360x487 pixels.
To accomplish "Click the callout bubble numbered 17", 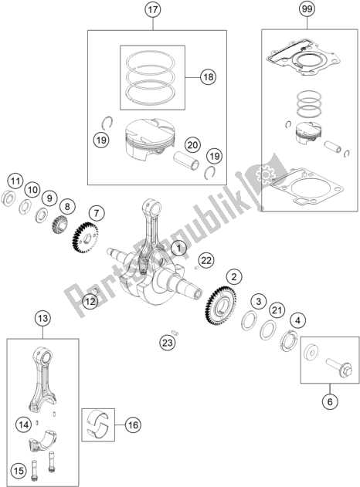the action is (x=153, y=10).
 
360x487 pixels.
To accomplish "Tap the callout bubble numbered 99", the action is (x=307, y=9).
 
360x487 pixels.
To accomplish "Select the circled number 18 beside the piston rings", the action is (x=209, y=76).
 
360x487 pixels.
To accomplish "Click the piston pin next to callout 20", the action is (x=185, y=161).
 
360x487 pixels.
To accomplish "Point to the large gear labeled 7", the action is (x=85, y=238).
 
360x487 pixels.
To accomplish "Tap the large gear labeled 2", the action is (x=221, y=305).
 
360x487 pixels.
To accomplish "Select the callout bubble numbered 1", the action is (x=178, y=249).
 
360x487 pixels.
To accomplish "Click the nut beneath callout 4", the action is (x=289, y=340).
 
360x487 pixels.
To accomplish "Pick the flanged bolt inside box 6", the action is (x=339, y=367).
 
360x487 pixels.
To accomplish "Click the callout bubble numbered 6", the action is (x=330, y=402).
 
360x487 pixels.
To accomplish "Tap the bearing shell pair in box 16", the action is (x=98, y=424).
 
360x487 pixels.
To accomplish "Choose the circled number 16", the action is (x=133, y=425).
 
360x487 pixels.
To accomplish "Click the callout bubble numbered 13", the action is (x=42, y=318).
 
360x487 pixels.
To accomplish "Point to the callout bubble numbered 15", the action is (x=19, y=471).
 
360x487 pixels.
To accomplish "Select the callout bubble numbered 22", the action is (x=206, y=260).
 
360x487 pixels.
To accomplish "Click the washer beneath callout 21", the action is (x=268, y=330).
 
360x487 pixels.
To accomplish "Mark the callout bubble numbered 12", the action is (x=90, y=301).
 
